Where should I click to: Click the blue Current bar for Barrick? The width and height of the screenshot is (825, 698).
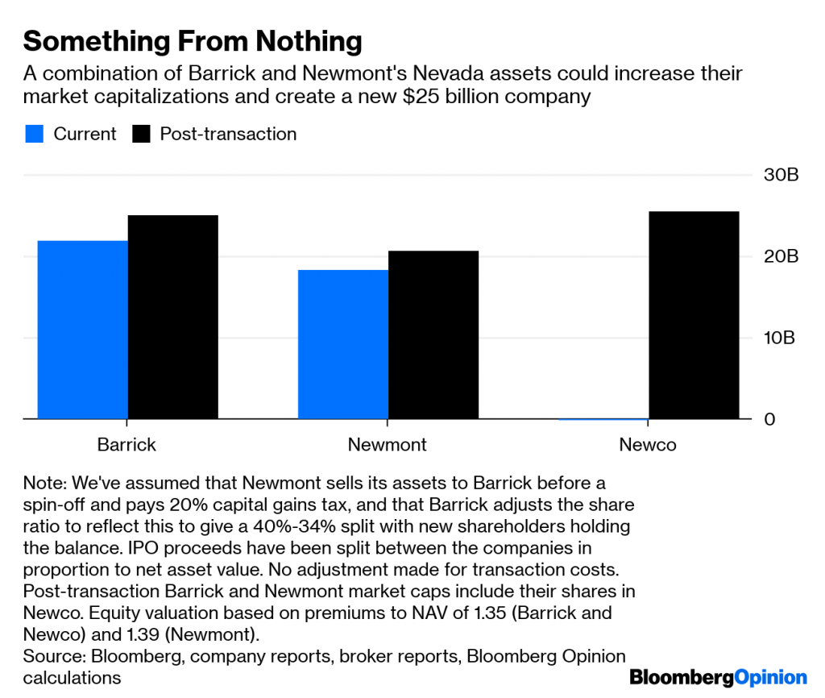[83, 330]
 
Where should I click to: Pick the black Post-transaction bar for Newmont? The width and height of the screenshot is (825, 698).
[433, 334]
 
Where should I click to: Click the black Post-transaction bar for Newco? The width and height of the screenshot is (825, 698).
[694, 315]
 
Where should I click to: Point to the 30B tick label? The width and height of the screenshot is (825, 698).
[781, 175]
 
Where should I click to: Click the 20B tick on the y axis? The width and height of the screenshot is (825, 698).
[781, 256]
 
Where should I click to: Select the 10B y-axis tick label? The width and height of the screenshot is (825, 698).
[781, 338]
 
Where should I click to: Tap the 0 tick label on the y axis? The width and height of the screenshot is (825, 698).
[769, 420]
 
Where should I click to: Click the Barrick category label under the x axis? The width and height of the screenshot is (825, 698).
[126, 444]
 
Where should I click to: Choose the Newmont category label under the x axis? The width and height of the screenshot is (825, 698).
[388, 444]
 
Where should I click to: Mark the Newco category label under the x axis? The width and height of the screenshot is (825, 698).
[648, 444]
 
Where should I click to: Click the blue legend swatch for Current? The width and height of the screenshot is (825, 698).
[34, 134]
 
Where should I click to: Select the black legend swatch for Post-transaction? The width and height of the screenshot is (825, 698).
[141, 134]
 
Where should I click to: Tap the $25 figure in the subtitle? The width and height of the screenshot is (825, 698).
[425, 98]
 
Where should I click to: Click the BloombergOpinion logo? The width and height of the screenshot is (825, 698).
[718, 677]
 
